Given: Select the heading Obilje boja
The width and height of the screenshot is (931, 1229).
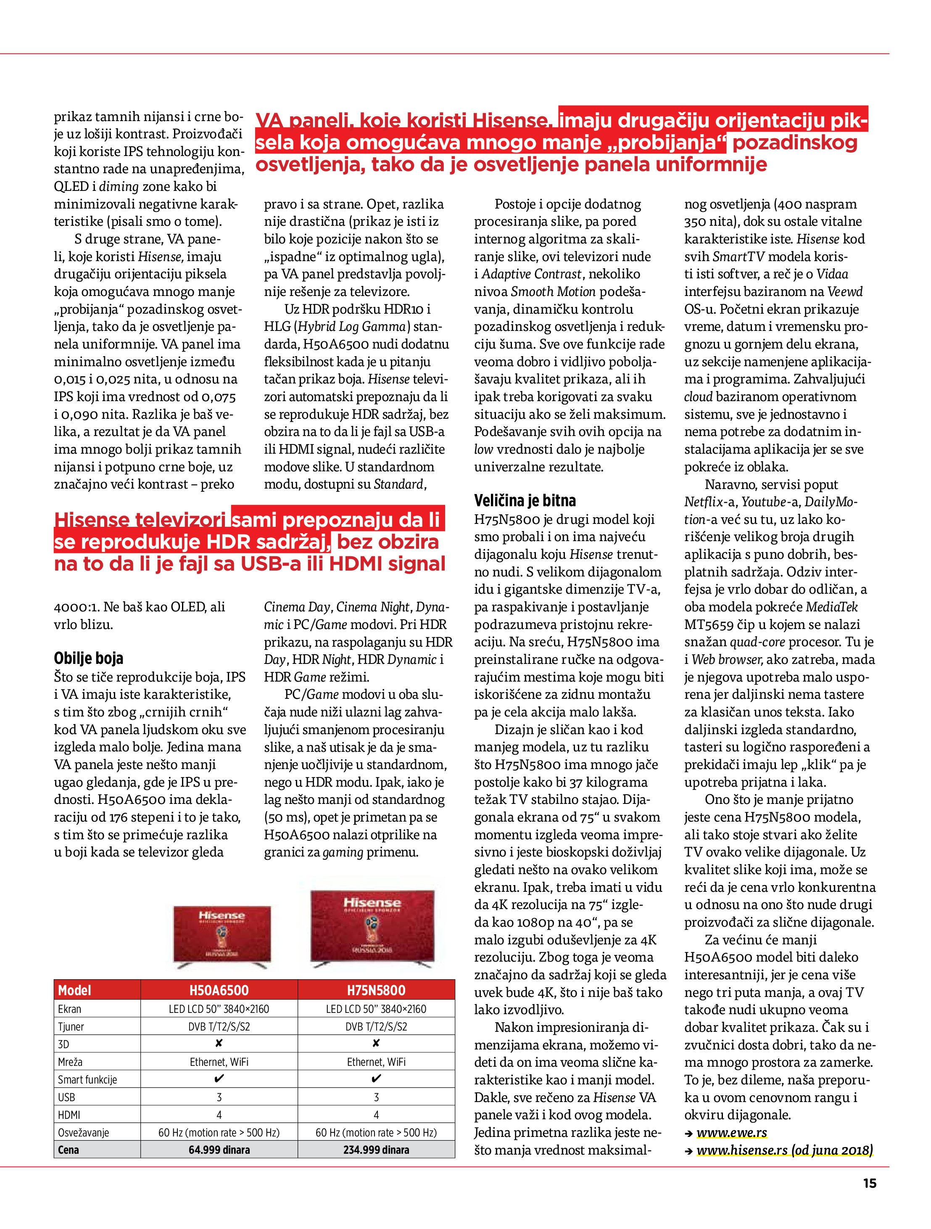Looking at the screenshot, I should pos(88,658).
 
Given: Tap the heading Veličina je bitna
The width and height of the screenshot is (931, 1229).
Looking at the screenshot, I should pos(525,501).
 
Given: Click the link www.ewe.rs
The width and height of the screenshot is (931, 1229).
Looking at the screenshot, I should pos(732,1132).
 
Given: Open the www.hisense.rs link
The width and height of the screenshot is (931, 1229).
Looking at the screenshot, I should pos(784,1150).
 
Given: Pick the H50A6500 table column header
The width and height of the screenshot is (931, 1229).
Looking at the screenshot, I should pos(219,990).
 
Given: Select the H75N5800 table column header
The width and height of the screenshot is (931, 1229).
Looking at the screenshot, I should pos(376,990).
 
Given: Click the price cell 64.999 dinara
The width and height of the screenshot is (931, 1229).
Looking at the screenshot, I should pos(219,1150).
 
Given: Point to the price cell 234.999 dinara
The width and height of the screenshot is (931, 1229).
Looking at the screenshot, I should pos(376,1150).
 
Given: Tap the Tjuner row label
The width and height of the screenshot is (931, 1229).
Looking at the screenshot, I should pos(71,1026).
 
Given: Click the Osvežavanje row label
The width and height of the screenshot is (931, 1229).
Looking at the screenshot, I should pos(83,1132).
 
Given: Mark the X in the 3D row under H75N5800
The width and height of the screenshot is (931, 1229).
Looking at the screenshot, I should pos(376,1044).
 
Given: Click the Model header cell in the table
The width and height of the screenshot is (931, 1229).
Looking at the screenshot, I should pos(74,990).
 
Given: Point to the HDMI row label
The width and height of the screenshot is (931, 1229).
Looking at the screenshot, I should pos(69,1115).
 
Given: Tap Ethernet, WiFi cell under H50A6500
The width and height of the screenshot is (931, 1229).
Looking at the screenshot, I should pos(219,1062).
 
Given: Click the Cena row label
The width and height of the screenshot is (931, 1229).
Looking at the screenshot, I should pos(69,1150).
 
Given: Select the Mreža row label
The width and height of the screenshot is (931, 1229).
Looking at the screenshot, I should pos(70,1062).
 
